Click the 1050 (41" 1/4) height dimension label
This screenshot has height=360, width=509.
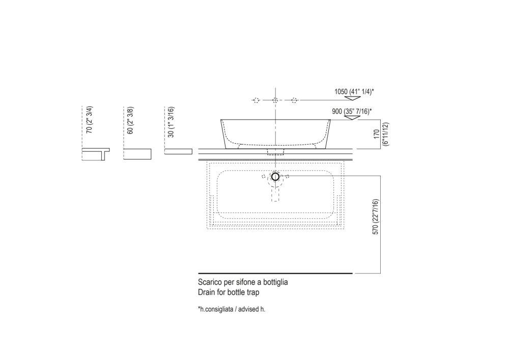pos(354,92)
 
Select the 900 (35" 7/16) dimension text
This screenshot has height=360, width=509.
pos(351,110)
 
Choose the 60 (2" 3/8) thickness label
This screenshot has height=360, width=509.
pos(131,121)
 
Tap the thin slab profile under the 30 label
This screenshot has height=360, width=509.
pos(178,152)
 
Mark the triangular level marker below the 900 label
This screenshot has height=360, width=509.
pos(351,117)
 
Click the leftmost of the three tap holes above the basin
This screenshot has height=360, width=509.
pos(257,100)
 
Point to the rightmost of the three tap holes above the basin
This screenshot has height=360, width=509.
pos(294,100)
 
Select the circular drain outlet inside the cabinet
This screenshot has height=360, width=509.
pos(275,176)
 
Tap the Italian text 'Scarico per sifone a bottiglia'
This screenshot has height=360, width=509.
pos(243,282)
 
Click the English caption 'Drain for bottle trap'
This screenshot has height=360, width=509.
pos(229,292)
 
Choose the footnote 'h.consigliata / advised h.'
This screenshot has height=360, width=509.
pos(232,309)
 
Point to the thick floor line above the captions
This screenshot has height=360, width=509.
pos(275,273)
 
